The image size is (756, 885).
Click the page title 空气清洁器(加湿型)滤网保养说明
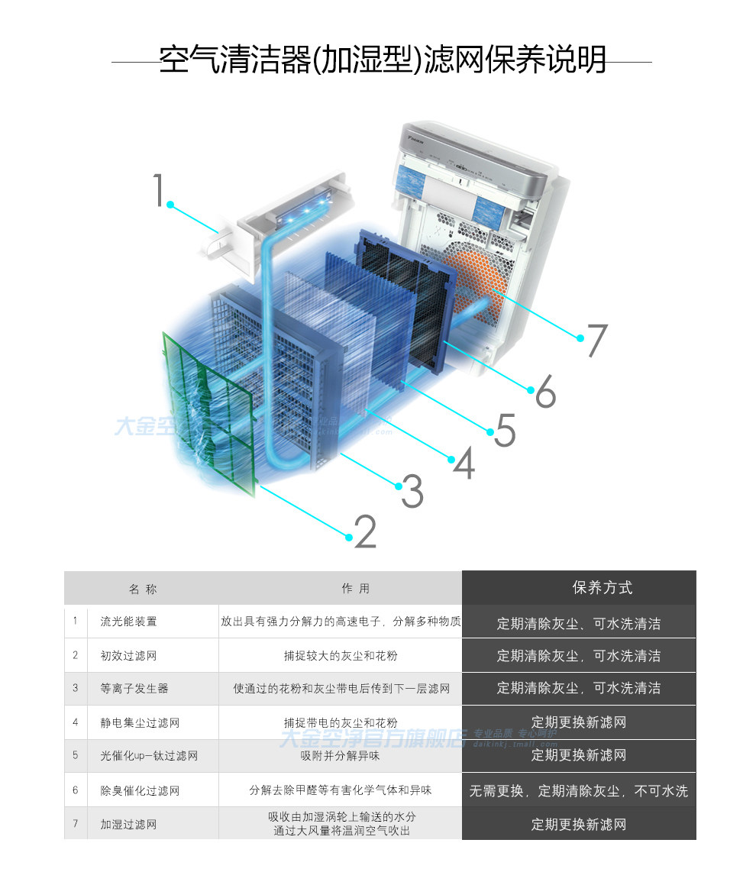click(x=382, y=60)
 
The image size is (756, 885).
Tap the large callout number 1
click(x=158, y=190)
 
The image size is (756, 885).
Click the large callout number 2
click(x=366, y=531)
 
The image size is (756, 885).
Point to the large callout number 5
click(x=505, y=430)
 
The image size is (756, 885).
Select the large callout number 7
click(x=596, y=341)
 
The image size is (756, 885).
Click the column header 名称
click(x=143, y=589)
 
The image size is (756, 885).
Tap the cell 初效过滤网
click(x=128, y=655)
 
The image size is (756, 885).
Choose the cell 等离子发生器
click(x=134, y=688)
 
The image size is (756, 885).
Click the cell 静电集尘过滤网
click(x=140, y=722)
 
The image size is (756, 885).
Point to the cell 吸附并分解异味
click(x=340, y=756)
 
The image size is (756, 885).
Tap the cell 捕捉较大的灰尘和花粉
click(x=340, y=655)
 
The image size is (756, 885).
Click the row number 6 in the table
click(x=76, y=790)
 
